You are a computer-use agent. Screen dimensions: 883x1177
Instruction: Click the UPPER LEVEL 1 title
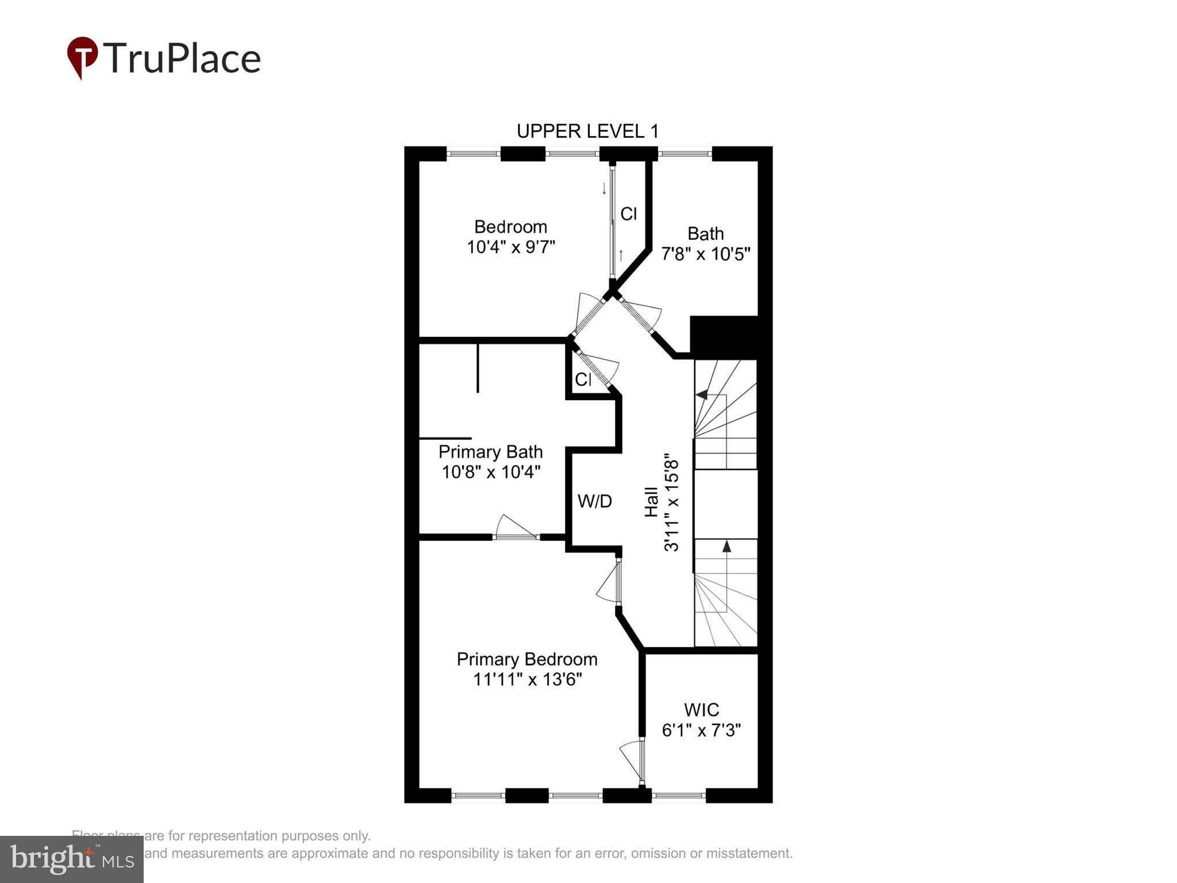point(587,132)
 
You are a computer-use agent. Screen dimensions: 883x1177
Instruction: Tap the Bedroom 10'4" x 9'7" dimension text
point(510,247)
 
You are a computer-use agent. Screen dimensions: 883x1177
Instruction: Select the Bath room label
point(705,233)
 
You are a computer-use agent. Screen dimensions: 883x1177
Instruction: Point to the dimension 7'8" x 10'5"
point(705,254)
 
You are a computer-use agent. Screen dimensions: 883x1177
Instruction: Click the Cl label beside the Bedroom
point(628,214)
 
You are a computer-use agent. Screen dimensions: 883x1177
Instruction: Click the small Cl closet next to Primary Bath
point(583,379)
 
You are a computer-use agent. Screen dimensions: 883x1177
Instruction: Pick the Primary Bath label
point(490,452)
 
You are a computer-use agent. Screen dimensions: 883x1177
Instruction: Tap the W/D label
point(594,501)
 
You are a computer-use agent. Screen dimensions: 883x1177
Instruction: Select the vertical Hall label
point(651,502)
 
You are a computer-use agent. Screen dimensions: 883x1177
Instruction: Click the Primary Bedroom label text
point(527,659)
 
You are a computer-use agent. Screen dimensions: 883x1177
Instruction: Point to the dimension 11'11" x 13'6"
point(527,679)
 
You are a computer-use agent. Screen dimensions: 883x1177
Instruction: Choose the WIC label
point(701,709)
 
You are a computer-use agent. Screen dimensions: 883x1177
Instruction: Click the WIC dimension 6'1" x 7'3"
point(701,730)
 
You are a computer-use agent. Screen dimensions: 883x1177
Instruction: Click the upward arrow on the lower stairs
point(726,546)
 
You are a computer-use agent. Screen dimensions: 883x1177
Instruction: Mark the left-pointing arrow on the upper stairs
point(702,394)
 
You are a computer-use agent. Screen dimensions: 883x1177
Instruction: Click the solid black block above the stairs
point(724,337)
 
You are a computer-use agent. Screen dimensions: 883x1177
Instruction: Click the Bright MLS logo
point(72,859)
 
